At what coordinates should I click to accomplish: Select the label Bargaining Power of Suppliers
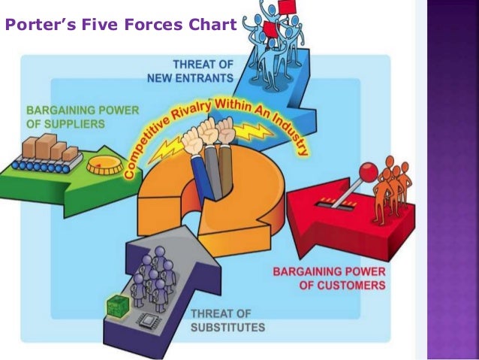pyautogui.click(x=83, y=117)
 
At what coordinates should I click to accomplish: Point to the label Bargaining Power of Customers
pyautogui.click(x=330, y=278)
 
